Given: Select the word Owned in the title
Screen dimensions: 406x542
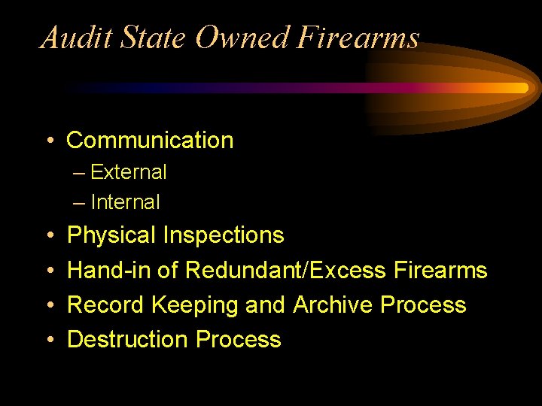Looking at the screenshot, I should pos(242,37).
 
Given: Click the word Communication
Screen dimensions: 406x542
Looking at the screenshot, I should pos(150,140).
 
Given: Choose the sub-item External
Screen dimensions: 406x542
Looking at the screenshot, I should pos(128,172).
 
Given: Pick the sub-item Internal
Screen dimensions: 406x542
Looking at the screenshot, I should pos(125,202).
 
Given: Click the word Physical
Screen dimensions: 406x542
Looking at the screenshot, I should pos(112,235).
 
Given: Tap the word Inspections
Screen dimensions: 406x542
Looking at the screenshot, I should pos(224,235).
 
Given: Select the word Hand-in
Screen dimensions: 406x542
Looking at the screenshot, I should pos(108,270).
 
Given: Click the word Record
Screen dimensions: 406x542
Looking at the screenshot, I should pos(106,304).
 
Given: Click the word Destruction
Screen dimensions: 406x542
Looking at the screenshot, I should pos(128,339).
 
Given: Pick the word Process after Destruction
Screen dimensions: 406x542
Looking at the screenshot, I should pos(238,339).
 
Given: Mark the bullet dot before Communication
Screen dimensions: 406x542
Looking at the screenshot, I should pos(48,141).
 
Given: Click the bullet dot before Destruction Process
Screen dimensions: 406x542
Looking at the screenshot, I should pos(48,340).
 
